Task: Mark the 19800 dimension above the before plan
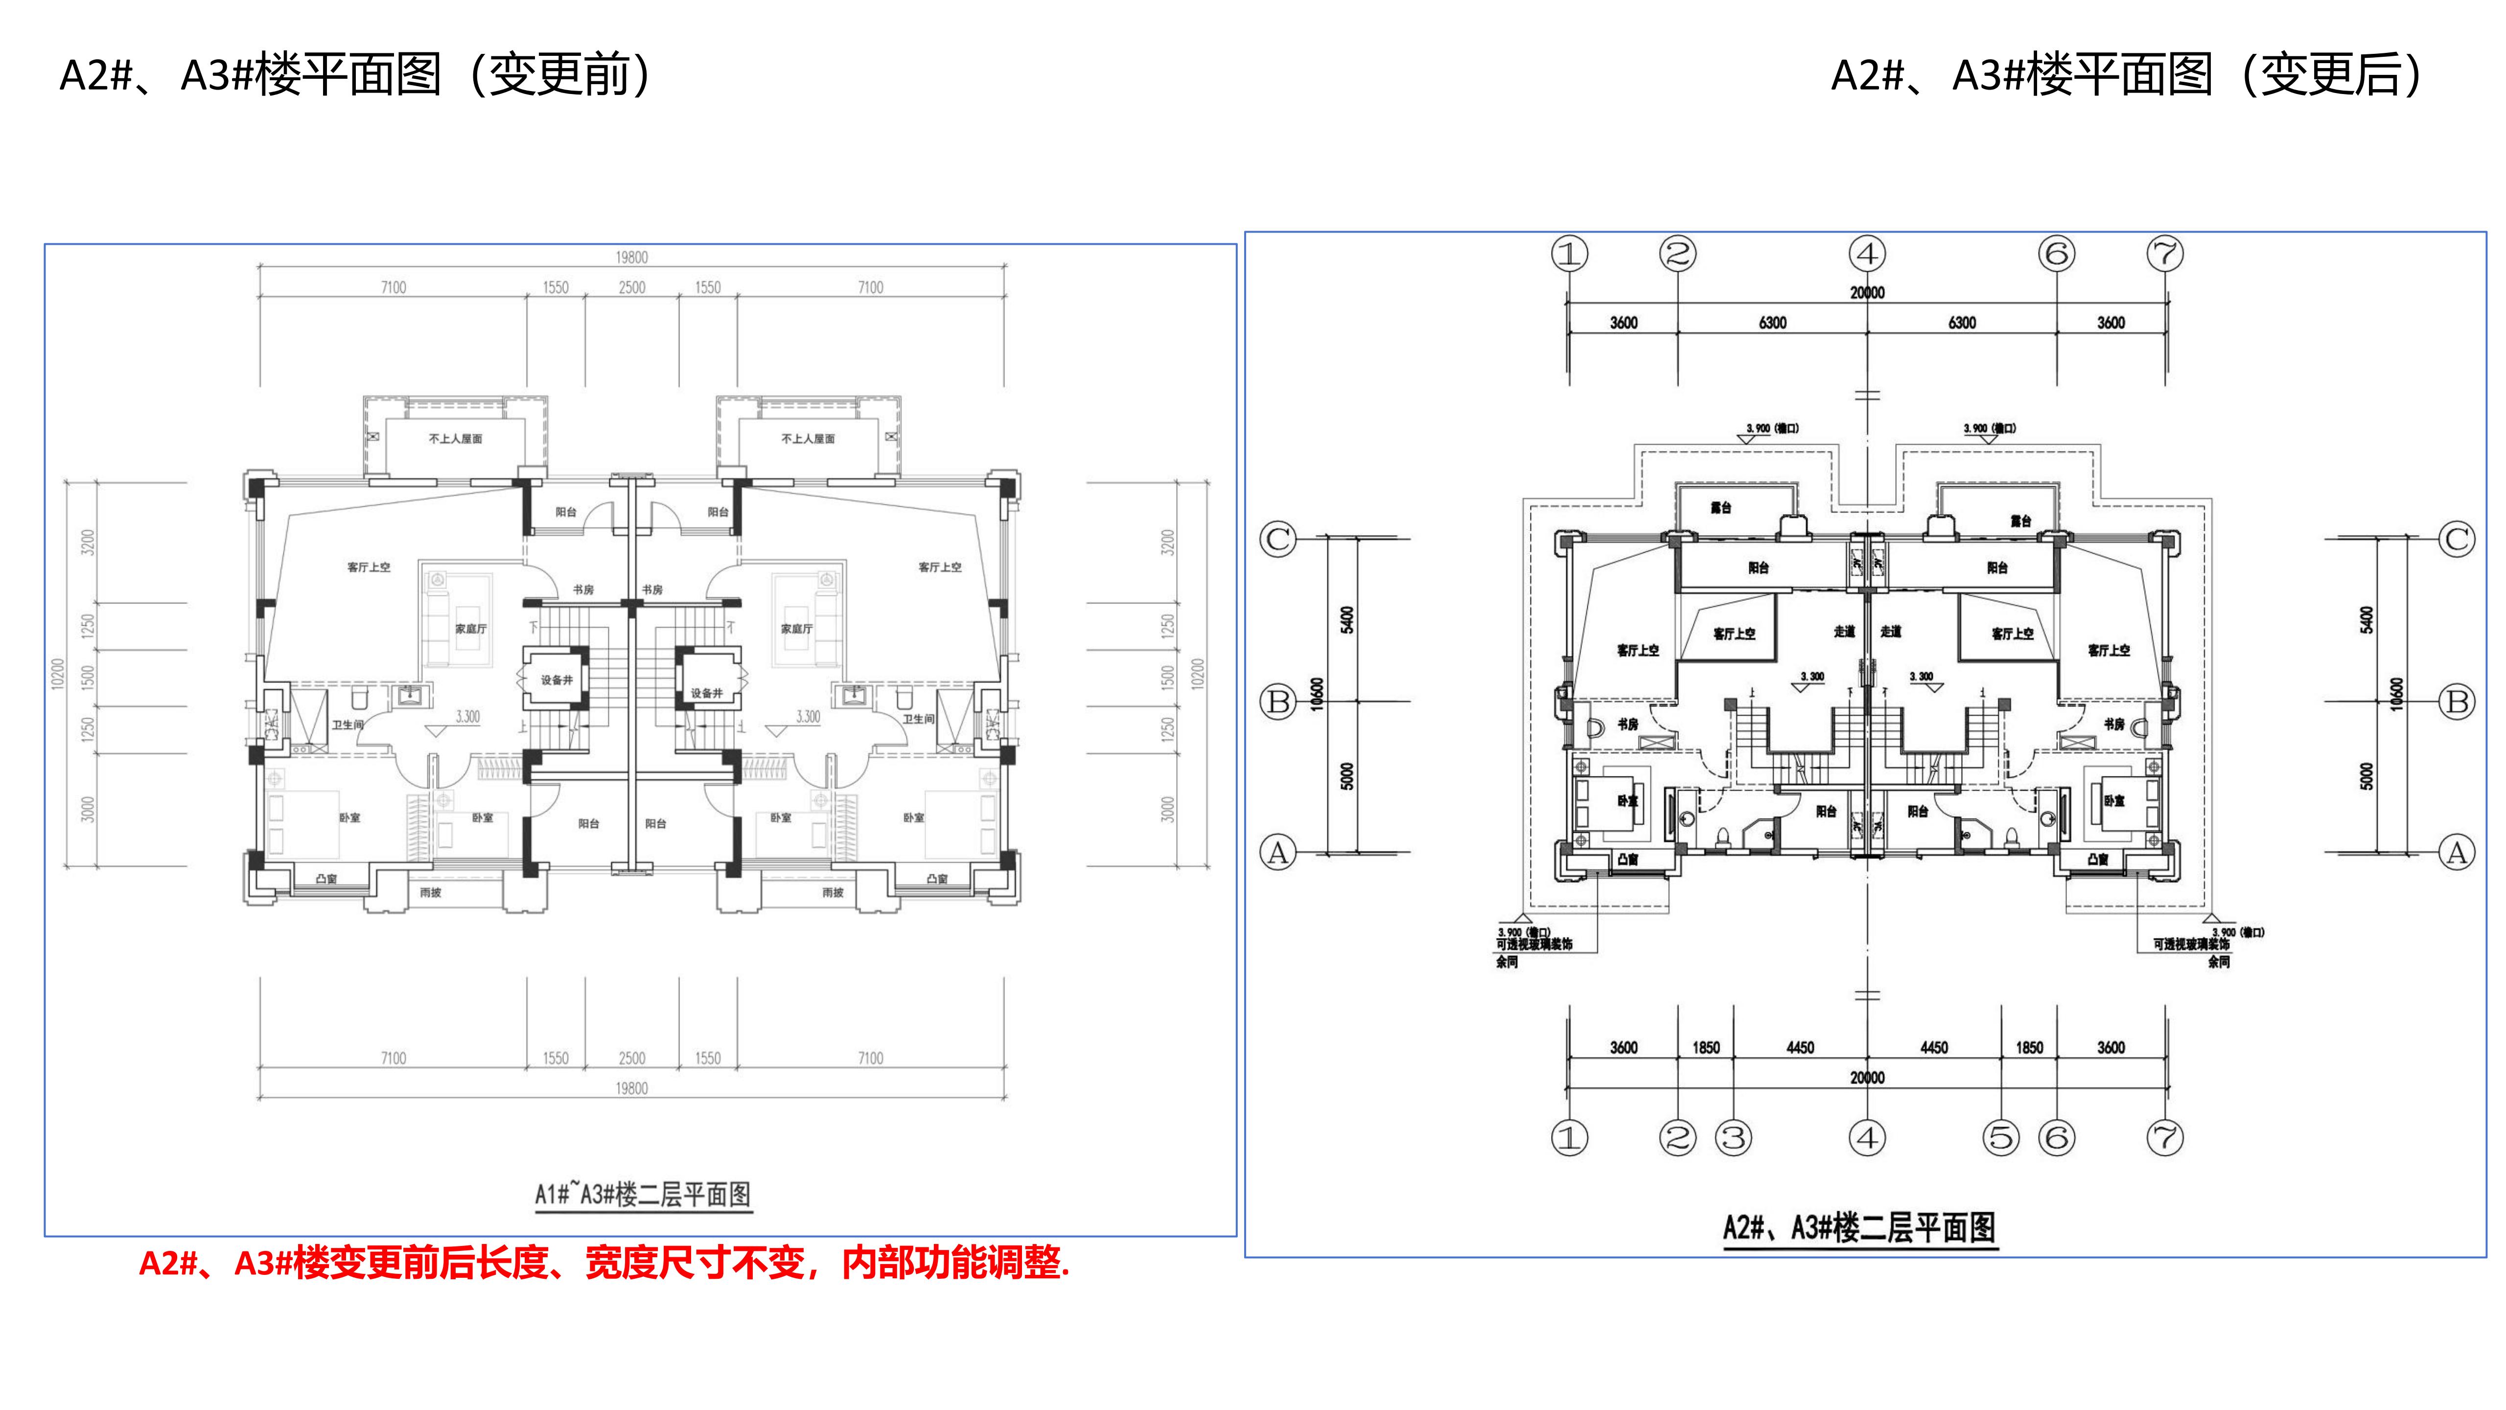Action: [x=631, y=257]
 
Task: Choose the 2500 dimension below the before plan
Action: [x=631, y=1057]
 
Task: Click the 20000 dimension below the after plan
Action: [x=1867, y=1077]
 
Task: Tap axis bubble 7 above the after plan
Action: [x=2164, y=254]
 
